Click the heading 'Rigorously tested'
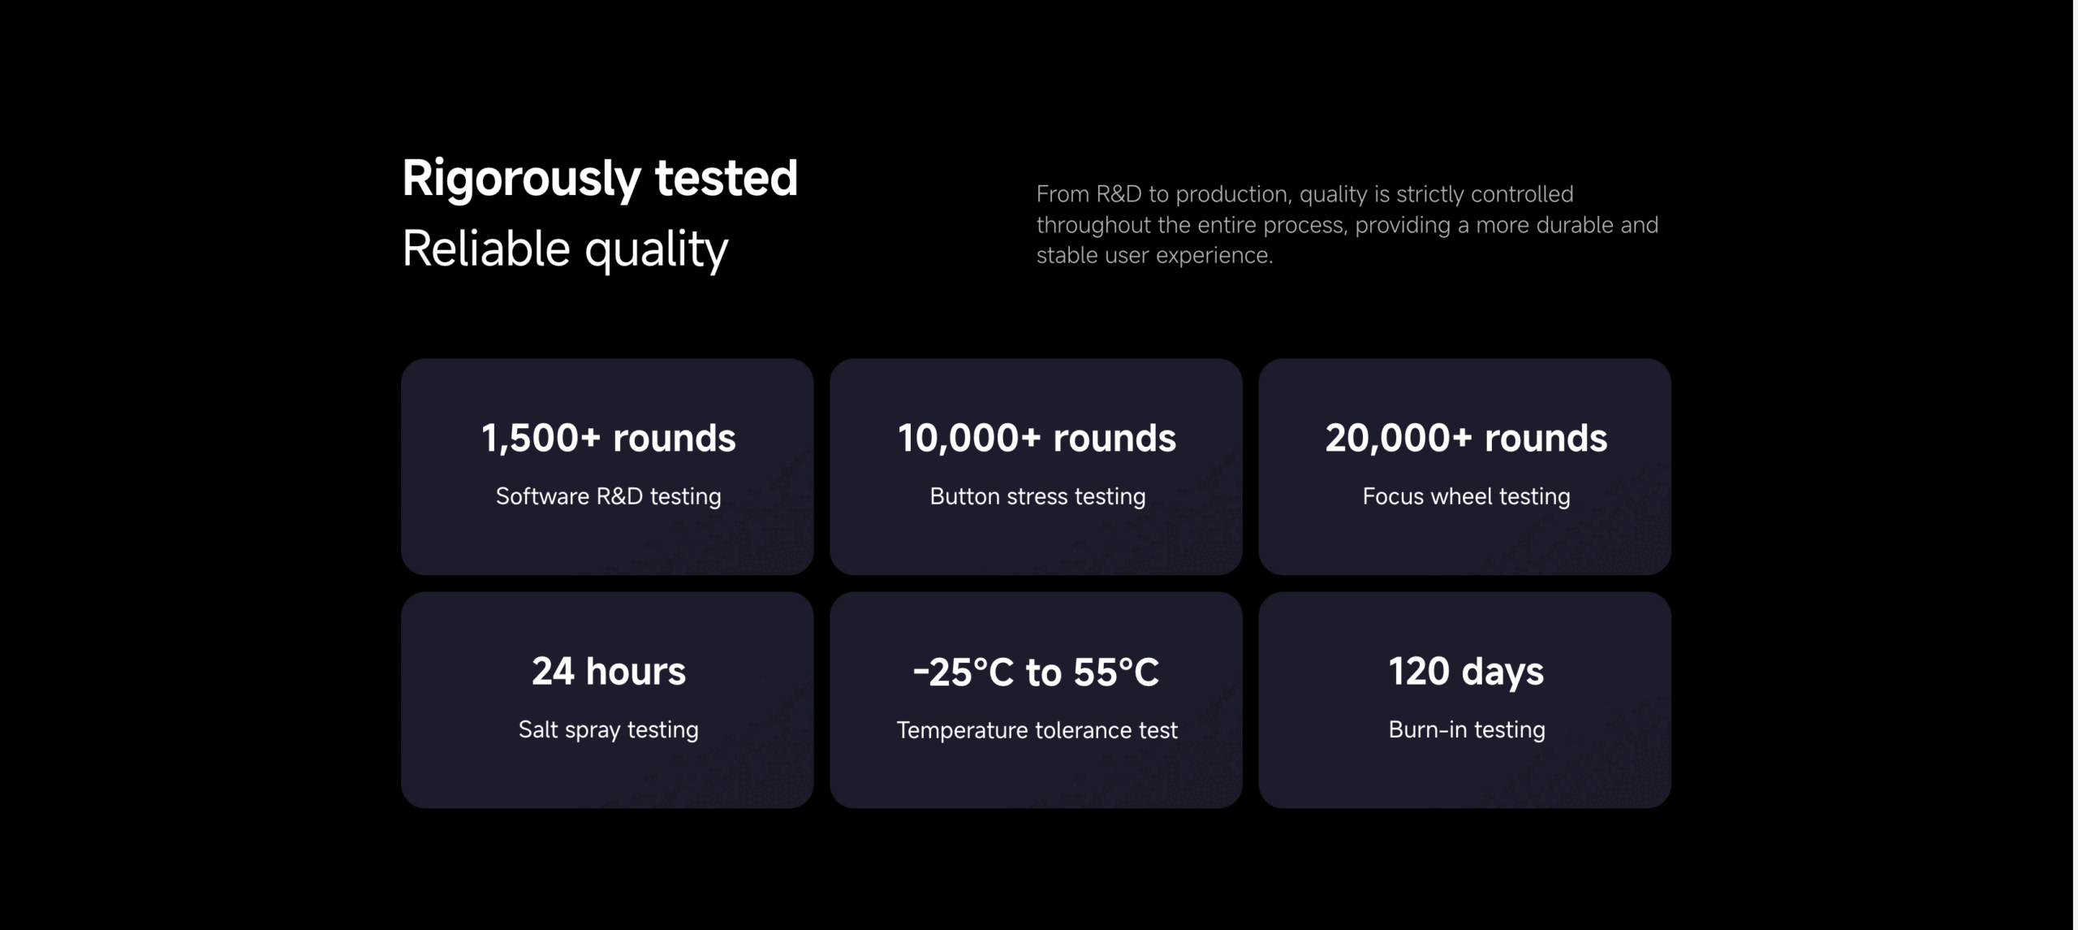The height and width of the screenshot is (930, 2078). pos(600,179)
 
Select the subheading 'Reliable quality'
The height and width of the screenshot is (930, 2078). pos(565,249)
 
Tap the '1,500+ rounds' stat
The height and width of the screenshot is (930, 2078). pos(608,439)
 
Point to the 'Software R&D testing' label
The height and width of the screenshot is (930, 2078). pos(608,496)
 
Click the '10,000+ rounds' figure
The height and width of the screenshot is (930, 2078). pos(1037,439)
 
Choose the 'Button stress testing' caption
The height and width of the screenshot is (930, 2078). pos(1037,496)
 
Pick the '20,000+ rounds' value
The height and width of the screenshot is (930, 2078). pos(1466,439)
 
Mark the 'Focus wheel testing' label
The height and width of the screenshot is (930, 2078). pos(1466,496)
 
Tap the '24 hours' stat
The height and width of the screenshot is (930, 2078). pos(609,672)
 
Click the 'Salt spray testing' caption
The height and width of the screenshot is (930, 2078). pos(608,729)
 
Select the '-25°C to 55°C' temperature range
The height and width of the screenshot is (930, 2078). pos(1036,673)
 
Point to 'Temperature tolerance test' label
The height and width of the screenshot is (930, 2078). pos(1037,730)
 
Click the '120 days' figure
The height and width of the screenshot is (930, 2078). pos(1466,673)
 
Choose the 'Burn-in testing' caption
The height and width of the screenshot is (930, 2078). pos(1466,729)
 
